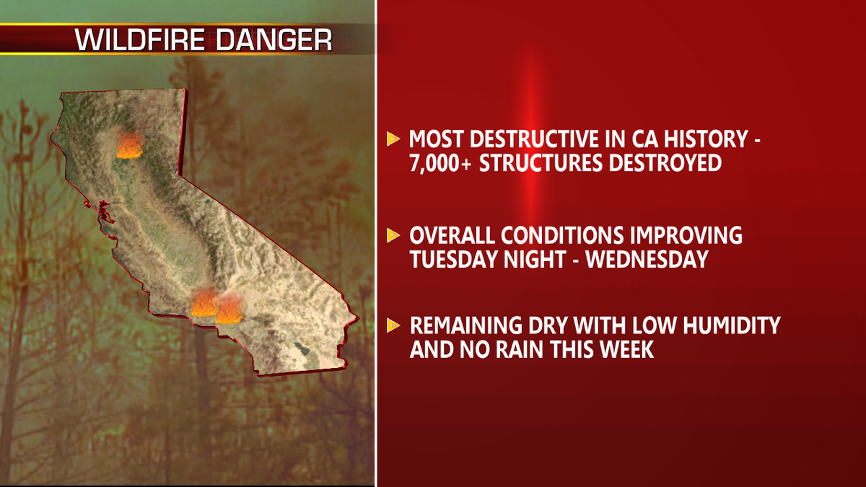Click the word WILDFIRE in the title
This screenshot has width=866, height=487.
coord(140,40)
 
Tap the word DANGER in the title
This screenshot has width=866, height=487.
coord(274,40)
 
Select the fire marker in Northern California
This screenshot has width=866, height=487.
coord(129,145)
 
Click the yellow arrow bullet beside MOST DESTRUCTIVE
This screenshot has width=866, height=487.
coord(393,139)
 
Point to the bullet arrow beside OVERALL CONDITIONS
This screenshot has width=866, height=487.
coord(393,235)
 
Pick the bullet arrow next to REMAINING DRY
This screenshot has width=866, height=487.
coord(393,325)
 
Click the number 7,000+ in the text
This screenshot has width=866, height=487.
coord(440,163)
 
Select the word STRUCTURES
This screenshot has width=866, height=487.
coord(541,163)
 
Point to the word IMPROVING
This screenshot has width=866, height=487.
coord(686,235)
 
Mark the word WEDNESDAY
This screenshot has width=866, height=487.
coord(647,259)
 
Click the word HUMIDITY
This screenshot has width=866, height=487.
coord(732,325)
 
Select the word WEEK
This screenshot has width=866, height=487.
coord(626,349)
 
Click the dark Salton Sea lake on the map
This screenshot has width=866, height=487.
coord(302,348)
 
